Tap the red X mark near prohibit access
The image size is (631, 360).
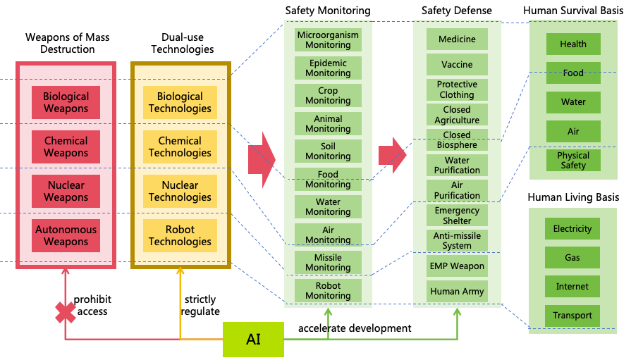point(66,312)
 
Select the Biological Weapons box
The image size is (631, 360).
point(66,102)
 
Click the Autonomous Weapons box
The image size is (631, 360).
point(66,235)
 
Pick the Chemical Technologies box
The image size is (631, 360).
point(180,147)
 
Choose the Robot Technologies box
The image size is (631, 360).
point(180,235)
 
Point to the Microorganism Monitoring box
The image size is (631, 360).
point(328,39)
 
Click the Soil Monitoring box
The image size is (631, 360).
point(328,151)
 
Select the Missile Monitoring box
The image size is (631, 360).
point(328,262)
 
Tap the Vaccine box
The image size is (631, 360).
point(457,64)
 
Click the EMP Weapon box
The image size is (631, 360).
point(457,266)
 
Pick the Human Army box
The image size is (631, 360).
point(457,291)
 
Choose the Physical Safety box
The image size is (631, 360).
point(573,160)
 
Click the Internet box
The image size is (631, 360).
point(572,287)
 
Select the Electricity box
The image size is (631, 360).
point(572,229)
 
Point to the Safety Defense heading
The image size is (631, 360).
point(457,11)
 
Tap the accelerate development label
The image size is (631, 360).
point(355,328)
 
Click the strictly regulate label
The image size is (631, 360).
point(200,306)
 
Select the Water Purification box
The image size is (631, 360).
point(457,166)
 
